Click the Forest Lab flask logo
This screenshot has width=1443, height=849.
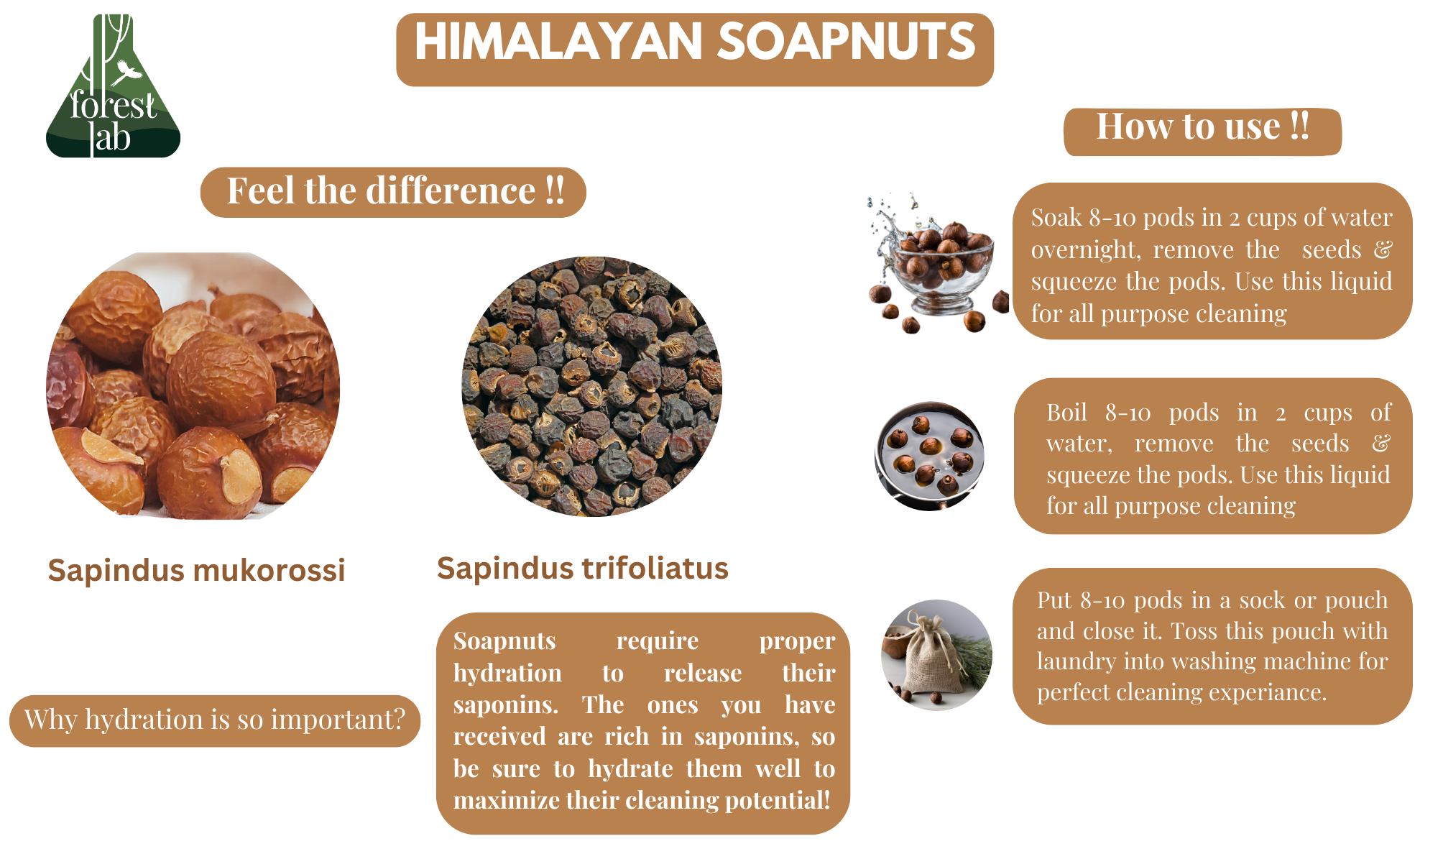(113, 86)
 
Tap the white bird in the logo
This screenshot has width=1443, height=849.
(128, 71)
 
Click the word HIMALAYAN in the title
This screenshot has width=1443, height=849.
(558, 42)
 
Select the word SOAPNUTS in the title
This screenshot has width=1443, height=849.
(847, 42)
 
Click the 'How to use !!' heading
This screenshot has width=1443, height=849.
(1202, 127)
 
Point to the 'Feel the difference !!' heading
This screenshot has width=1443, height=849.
(395, 191)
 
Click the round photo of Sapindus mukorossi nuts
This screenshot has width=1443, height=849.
(193, 385)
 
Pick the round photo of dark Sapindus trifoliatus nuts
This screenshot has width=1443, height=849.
(591, 387)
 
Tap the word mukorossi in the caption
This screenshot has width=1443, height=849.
(269, 571)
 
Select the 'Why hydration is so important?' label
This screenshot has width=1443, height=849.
(215, 720)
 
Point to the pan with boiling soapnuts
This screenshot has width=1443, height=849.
(929, 456)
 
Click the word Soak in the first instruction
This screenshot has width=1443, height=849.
(1056, 217)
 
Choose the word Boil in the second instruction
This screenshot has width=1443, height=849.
(1066, 413)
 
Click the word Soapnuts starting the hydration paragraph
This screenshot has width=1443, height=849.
(504, 641)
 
